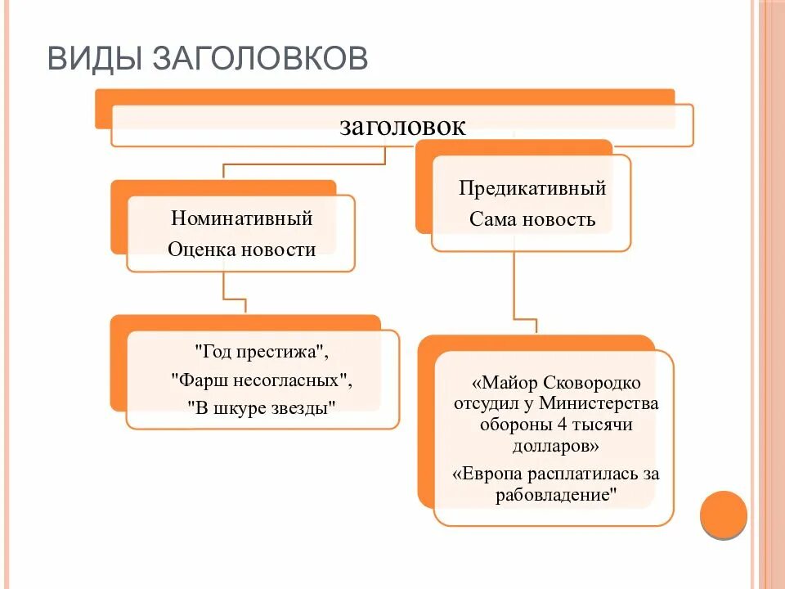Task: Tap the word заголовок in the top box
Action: (402, 126)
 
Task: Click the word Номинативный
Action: (242, 218)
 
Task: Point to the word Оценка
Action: (201, 250)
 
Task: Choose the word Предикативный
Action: (532, 188)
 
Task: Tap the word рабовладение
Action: (555, 495)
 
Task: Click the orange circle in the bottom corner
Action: (724, 515)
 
